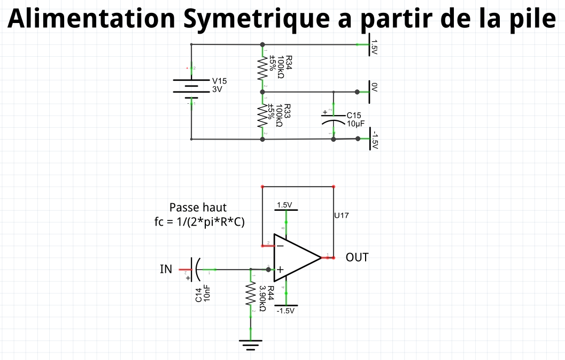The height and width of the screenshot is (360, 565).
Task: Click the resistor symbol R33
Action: pos(262,116)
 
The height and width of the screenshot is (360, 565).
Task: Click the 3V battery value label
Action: pos(216,89)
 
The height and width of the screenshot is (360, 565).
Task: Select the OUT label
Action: pos(357,257)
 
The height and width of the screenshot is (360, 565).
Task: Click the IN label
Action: pos(166,269)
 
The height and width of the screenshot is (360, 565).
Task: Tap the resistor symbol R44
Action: pos(250,294)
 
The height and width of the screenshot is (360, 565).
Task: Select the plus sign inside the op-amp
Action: pos(280,270)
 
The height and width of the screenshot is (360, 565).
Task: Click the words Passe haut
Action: pos(198,208)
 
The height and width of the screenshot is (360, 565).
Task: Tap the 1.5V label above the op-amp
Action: pos(285,205)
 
